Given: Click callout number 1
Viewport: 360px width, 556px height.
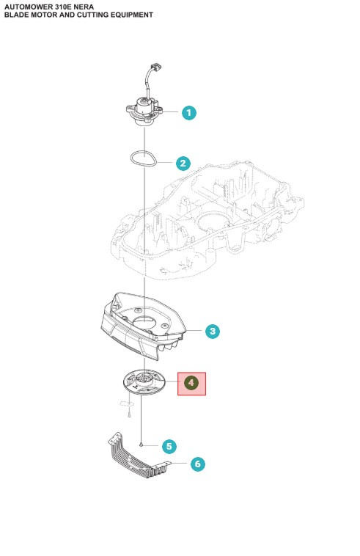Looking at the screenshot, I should [x=189, y=113].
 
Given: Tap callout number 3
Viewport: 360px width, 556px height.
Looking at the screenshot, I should [x=211, y=332].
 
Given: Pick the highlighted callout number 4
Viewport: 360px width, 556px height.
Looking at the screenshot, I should [x=192, y=384].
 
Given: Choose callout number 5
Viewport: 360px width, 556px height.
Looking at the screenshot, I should [x=169, y=445].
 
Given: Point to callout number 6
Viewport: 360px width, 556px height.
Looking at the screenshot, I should [x=197, y=464].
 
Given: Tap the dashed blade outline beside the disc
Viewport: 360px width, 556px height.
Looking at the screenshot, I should [x=125, y=403].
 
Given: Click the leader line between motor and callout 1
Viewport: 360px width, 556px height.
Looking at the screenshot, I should [x=172, y=113].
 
